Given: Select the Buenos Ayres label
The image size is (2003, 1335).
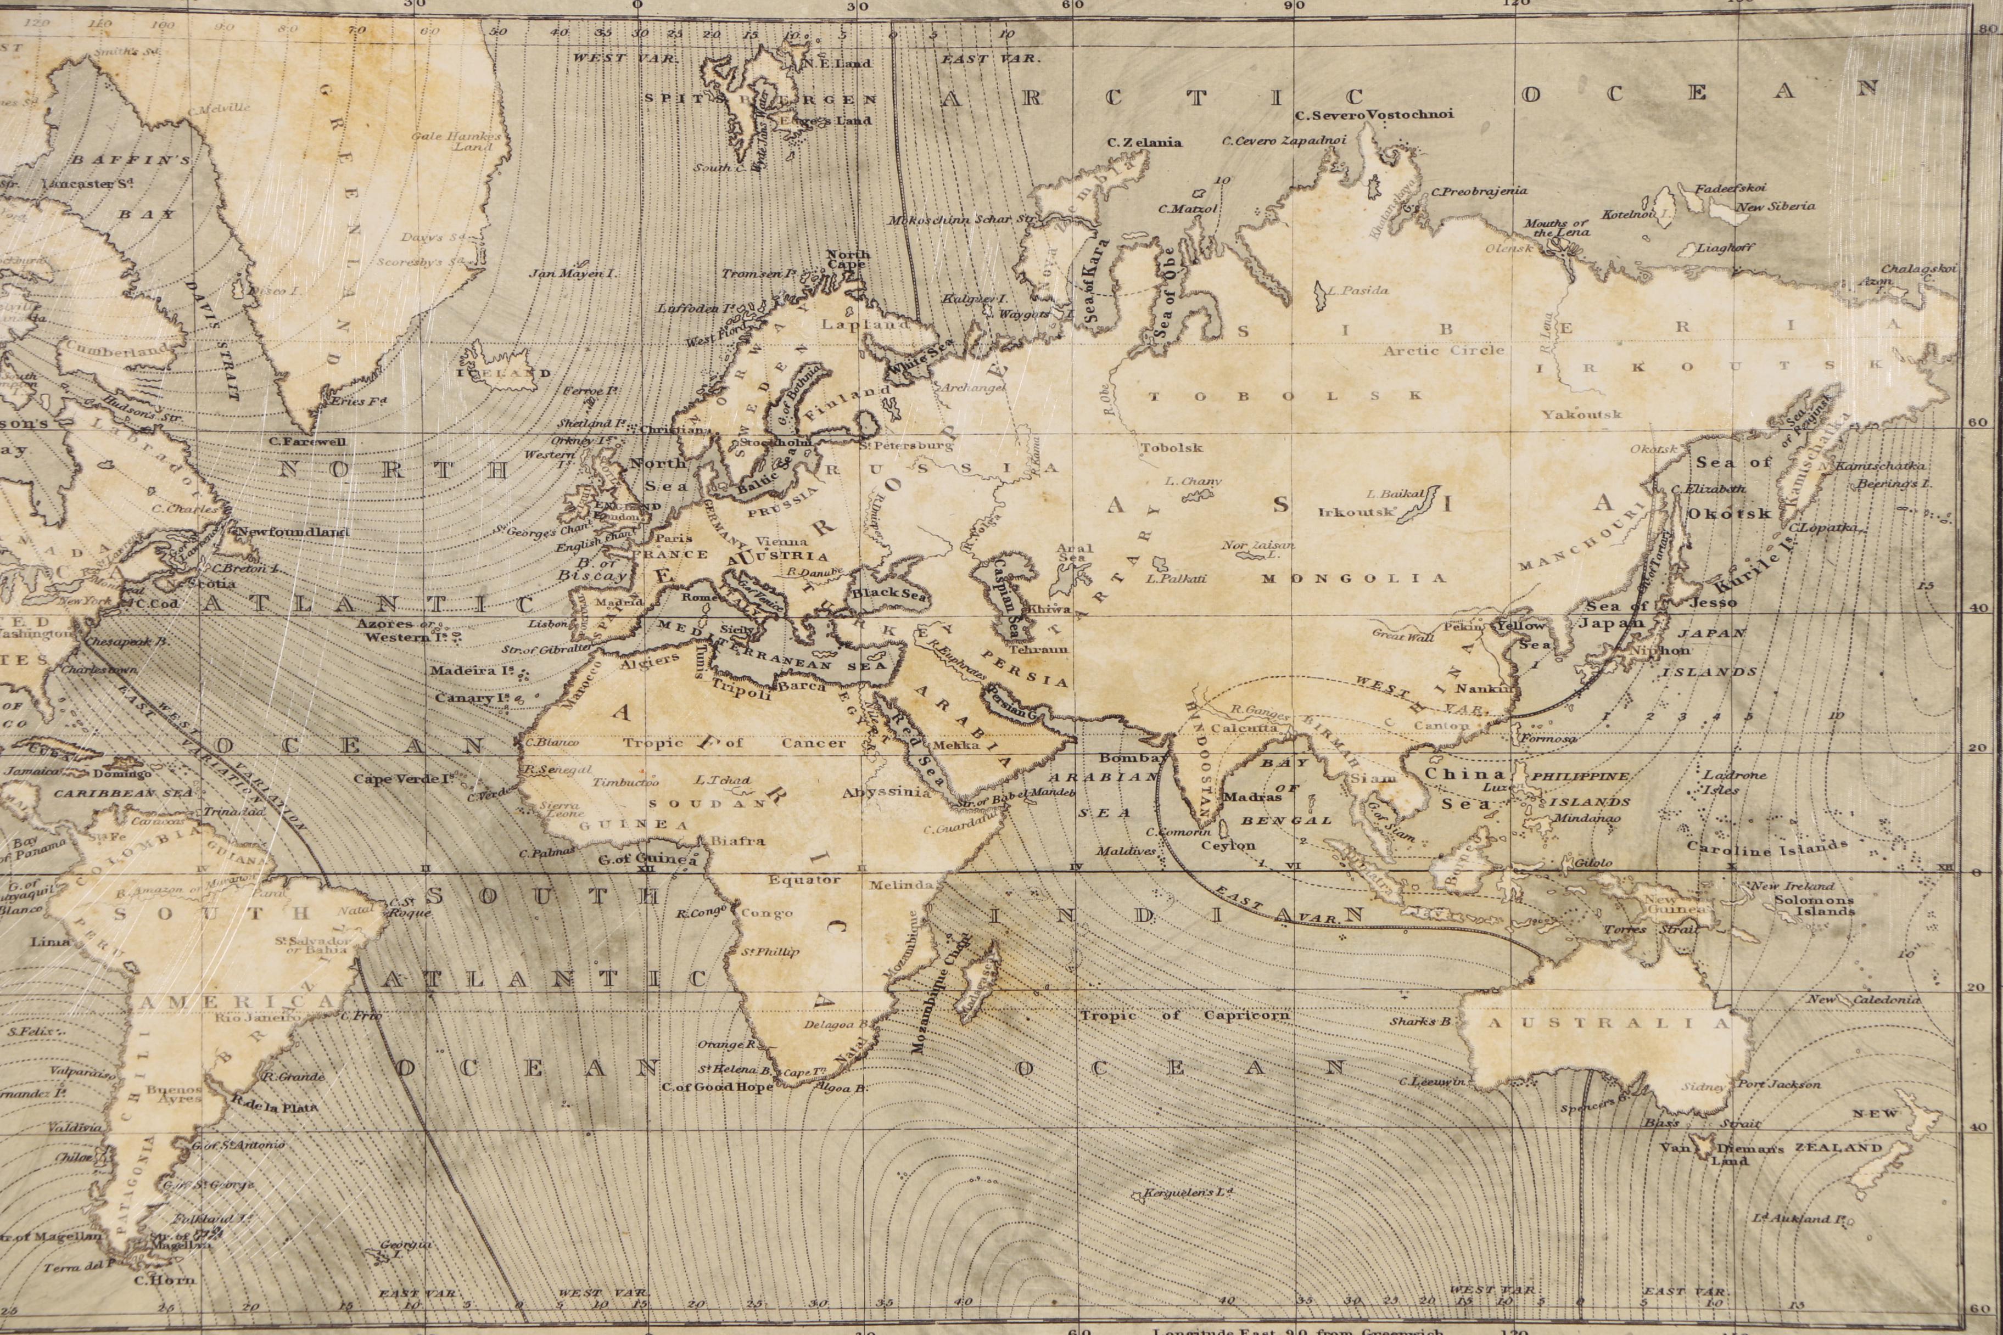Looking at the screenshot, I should pyautogui.click(x=173, y=1094).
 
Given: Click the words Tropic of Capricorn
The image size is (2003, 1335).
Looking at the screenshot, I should pyautogui.click(x=1184, y=1016).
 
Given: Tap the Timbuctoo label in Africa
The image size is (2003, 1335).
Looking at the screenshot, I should pyautogui.click(x=626, y=782).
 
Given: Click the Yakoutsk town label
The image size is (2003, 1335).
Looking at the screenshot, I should pyautogui.click(x=1581, y=414).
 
